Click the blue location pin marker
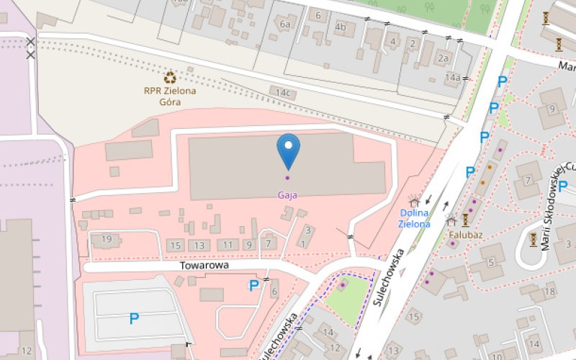pyautogui.click(x=289, y=148)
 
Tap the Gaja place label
pyautogui.click(x=288, y=194)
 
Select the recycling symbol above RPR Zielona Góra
pyautogui.click(x=170, y=77)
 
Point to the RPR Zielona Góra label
pyautogui.click(x=171, y=96)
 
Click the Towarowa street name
pyautogui.click(x=204, y=266)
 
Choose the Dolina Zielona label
pyautogui.click(x=414, y=218)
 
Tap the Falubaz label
pyautogui.click(x=465, y=235)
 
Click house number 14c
pyautogui.click(x=284, y=93)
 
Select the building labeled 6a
pyautogui.click(x=285, y=24)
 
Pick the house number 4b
pyautogui.click(x=341, y=27)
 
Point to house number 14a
pyautogui.click(x=452, y=77)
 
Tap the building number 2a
pyautogui.click(x=444, y=58)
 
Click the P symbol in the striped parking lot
pyautogui.click(x=133, y=318)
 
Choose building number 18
pyautogui.click(x=550, y=291)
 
